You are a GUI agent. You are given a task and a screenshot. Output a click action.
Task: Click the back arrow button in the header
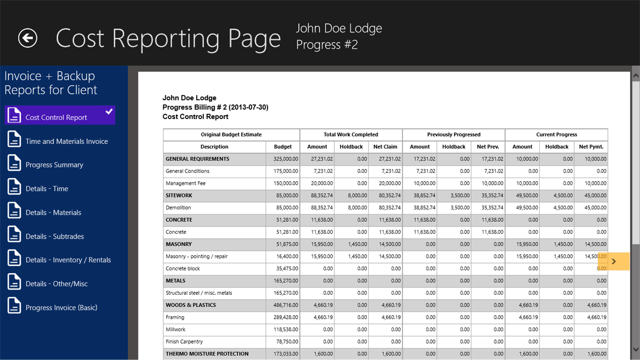tap(28, 38)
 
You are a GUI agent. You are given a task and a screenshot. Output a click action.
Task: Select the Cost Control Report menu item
tap(56, 118)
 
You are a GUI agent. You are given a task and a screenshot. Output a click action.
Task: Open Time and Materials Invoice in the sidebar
tap(66, 141)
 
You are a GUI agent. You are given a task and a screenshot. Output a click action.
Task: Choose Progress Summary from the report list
tap(54, 165)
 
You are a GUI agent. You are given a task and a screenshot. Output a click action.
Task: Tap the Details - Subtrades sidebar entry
tap(54, 236)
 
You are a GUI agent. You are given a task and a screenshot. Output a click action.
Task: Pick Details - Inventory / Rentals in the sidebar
tap(68, 260)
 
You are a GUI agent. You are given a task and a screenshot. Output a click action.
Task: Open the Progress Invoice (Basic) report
tap(61, 307)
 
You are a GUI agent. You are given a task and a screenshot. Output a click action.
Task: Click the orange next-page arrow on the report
tap(614, 262)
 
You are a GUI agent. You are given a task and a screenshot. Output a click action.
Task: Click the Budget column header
tap(283, 147)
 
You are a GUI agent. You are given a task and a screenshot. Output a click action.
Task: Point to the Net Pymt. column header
tap(591, 147)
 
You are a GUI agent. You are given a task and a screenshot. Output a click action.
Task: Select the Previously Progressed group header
tap(453, 134)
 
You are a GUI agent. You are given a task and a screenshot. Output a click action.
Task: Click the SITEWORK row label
tap(179, 195)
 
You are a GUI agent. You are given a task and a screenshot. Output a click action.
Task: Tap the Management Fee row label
tap(185, 183)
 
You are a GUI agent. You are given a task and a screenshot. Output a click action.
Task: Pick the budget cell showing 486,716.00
tap(283, 305)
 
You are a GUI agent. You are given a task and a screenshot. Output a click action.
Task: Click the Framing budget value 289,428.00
tap(283, 317)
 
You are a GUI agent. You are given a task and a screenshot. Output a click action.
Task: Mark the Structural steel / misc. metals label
tap(199, 293)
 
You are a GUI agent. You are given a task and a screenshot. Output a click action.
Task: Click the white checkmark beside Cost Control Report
tap(109, 112)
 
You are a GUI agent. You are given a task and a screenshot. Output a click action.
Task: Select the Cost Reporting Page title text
tap(168, 38)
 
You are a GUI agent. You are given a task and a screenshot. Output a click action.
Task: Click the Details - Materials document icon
tap(14, 211)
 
